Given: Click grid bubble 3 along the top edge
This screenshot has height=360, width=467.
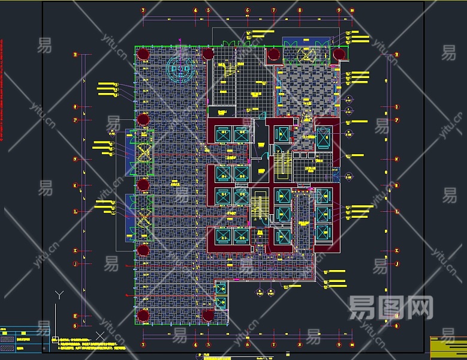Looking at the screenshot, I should click(143, 10).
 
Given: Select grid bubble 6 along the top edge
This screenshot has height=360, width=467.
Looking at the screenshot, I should click(248, 10).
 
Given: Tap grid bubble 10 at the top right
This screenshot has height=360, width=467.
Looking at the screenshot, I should click(352, 10).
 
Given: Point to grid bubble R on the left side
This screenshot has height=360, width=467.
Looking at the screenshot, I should click(75, 55).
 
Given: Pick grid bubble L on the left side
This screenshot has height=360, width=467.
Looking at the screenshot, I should click(75, 211).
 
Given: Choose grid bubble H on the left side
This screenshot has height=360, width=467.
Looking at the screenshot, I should click(75, 316).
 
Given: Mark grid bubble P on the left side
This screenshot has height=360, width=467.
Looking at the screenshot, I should click(75, 120).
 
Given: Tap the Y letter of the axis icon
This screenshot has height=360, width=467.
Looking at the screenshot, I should click(59, 295).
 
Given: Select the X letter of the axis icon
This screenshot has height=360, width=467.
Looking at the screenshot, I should click(100, 335).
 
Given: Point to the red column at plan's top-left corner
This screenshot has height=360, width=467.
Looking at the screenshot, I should click(143, 55).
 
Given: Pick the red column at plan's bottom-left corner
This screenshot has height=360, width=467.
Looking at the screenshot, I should click(143, 316).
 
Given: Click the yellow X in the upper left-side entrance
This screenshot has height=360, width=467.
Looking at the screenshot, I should click(143, 152).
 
